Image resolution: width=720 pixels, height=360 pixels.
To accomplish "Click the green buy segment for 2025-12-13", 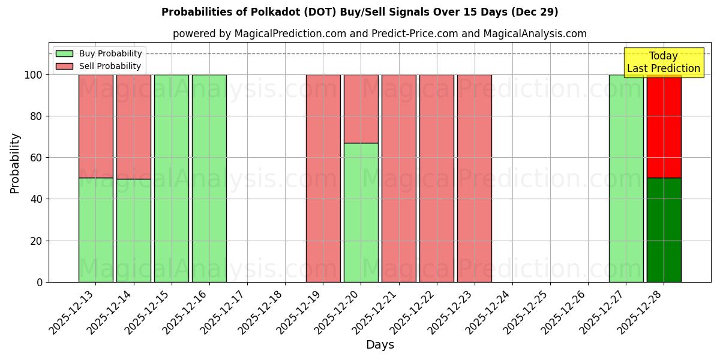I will coord(96,230).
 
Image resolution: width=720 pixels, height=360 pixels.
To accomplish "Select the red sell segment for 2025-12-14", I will coord(134,127).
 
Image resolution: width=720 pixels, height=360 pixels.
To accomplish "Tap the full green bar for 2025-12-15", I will coord(172,178).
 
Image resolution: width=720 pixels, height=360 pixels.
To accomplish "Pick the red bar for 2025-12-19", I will coord(323,178).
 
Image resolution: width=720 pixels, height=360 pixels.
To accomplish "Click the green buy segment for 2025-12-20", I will coord(361,212).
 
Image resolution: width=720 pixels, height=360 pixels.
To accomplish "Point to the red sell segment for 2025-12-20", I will coord(361,109).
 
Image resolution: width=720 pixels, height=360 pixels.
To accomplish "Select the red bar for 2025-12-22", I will coord(436,178).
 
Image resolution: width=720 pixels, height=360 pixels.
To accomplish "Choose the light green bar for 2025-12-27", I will coord(626,178).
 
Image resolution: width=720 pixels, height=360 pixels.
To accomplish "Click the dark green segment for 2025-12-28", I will coord(664,230).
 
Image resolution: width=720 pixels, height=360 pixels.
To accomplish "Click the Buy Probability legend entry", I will coord(99,53).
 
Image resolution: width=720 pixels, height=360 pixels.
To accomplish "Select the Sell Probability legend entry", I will coord(99,66).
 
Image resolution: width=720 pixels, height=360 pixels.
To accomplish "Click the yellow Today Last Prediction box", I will coord(663,62).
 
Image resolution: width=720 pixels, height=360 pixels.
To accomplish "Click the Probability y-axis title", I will coord(15,163).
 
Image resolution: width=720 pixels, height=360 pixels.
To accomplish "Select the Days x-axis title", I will coord(380,345).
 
